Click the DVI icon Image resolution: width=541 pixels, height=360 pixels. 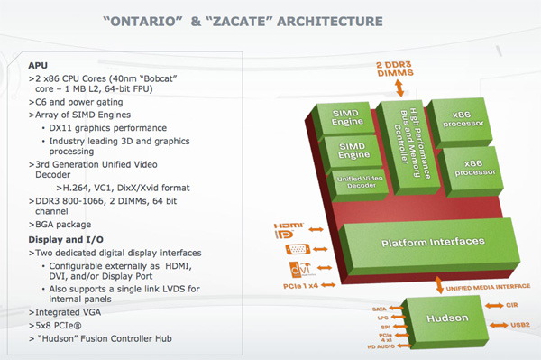[x=298, y=270]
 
